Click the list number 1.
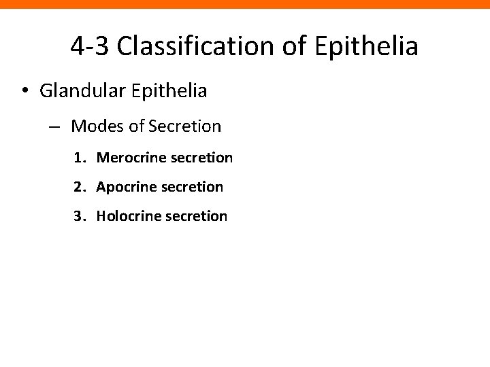point(79,158)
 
